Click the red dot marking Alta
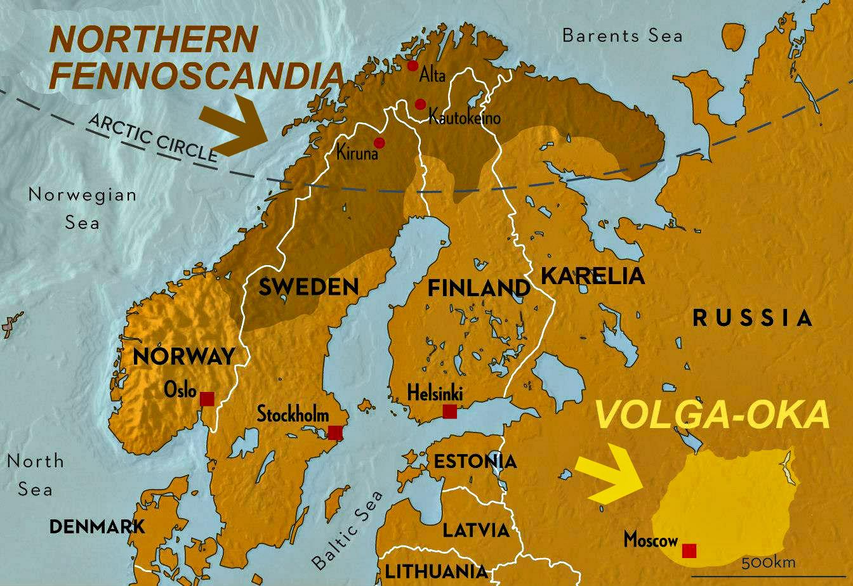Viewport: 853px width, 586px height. pyautogui.click(x=413, y=65)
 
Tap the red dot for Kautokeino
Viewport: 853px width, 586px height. pyautogui.click(x=420, y=104)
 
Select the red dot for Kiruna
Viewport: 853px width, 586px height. pyautogui.click(x=380, y=142)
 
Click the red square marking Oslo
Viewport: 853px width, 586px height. pyautogui.click(x=207, y=399)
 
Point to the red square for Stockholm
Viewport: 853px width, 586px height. pyautogui.click(x=335, y=433)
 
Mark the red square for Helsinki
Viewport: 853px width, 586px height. pyautogui.click(x=449, y=412)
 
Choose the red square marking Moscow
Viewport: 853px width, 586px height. pyautogui.click(x=689, y=550)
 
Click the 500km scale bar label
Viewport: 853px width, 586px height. pyautogui.click(x=767, y=563)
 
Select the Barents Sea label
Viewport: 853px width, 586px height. pyautogui.click(x=622, y=36)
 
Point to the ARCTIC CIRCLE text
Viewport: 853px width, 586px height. pyautogui.click(x=152, y=138)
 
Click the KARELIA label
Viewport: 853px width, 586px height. pyautogui.click(x=592, y=276)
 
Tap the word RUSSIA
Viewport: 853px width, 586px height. pyautogui.click(x=752, y=318)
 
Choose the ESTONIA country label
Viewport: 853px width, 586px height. pyautogui.click(x=475, y=461)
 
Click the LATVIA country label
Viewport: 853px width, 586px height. pyautogui.click(x=476, y=530)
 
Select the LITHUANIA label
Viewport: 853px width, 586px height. pyautogui.click(x=437, y=571)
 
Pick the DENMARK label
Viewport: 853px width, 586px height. pyautogui.click(x=97, y=526)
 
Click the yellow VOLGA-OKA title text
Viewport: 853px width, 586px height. pyautogui.click(x=712, y=416)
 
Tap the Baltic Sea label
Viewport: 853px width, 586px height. pyautogui.click(x=348, y=530)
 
